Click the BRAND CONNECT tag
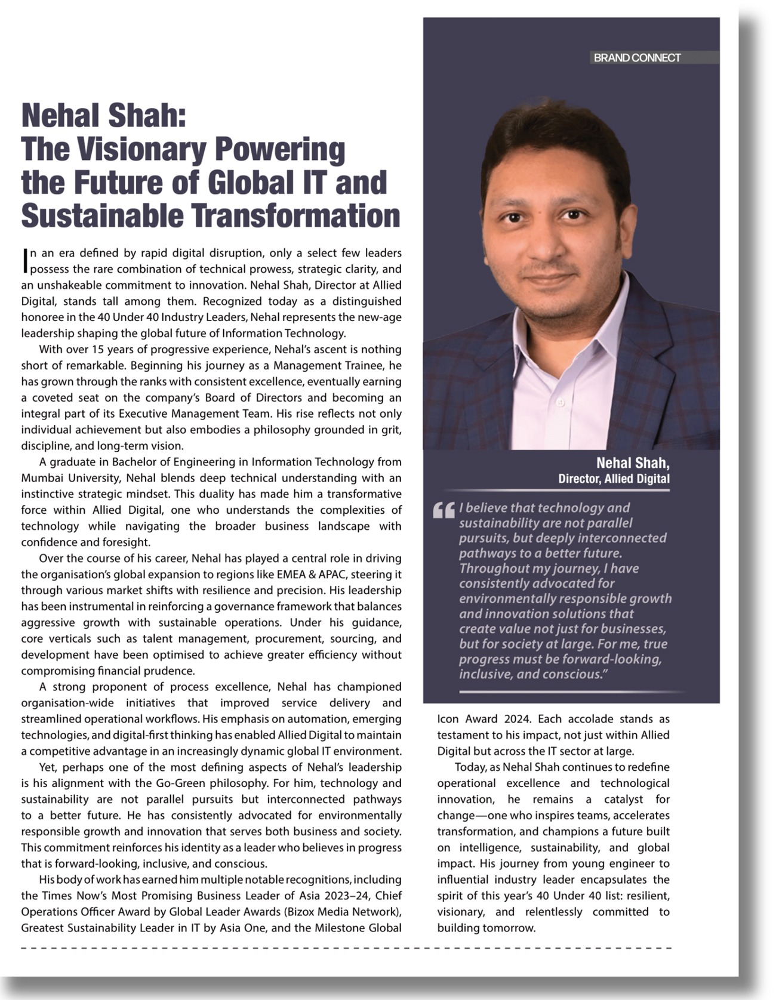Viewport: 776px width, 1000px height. pyautogui.click(x=637, y=58)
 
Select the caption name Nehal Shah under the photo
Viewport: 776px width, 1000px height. pyautogui.click(x=633, y=463)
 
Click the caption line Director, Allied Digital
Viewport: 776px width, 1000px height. pyautogui.click(x=614, y=479)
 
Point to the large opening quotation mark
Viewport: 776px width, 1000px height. pyautogui.click(x=444, y=511)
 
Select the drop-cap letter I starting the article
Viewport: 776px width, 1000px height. pyautogui.click(x=24, y=259)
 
